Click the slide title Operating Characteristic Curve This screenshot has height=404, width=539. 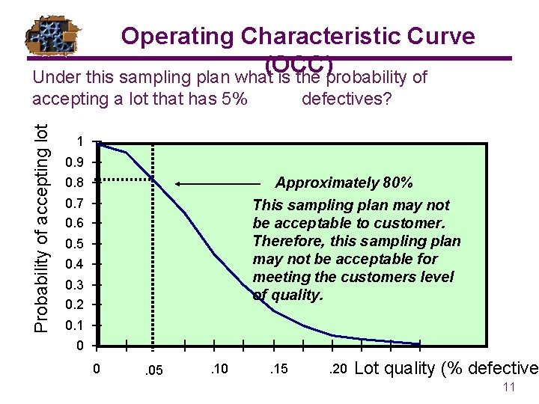pos(298,36)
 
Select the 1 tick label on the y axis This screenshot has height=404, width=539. pos(79,142)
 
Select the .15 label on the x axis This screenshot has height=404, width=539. pos(278,369)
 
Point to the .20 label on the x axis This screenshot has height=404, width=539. pos(338,369)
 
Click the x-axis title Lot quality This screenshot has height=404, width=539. pos(445,368)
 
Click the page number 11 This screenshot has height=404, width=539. pos(509,388)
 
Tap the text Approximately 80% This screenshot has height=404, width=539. pos(344,183)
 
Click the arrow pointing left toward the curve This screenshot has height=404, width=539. pos(222,183)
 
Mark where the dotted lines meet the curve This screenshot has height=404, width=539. pos(153,179)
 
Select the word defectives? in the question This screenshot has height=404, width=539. pos(346,99)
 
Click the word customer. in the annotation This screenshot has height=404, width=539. pos(411,223)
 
